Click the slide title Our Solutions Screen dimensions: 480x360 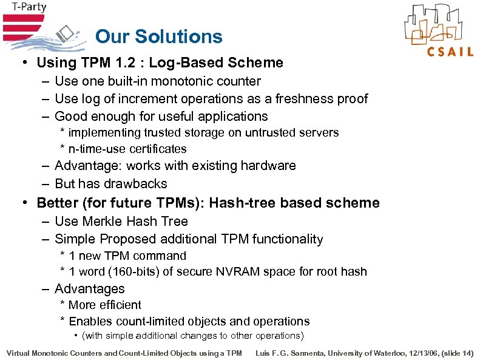coord(159,36)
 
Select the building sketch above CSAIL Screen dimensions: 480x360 coord(438,24)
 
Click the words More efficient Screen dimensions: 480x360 coord(104,305)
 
